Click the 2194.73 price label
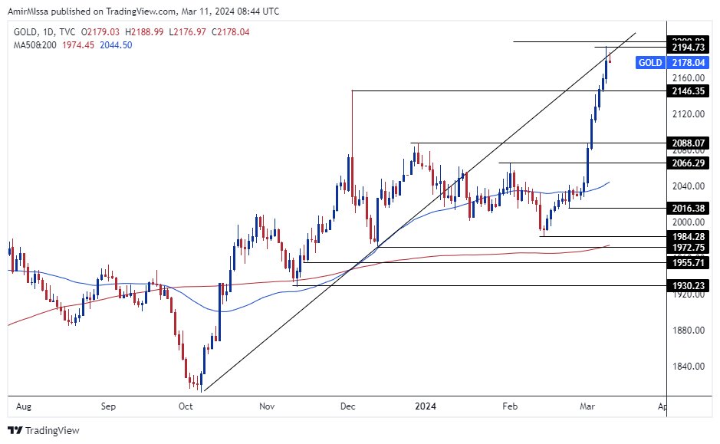click(687, 48)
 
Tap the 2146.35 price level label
click(687, 90)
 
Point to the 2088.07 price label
click(687, 143)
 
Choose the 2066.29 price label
click(687, 163)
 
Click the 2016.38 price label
click(687, 208)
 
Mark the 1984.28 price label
click(687, 236)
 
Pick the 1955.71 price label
click(687, 262)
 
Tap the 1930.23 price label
click(687, 285)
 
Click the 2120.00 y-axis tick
click(689, 114)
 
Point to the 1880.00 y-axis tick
click(689, 331)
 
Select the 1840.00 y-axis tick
click(689, 367)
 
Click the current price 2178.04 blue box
click(687, 63)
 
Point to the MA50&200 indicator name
click(35, 45)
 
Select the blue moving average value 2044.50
click(116, 45)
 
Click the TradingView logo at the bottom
click(44, 430)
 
